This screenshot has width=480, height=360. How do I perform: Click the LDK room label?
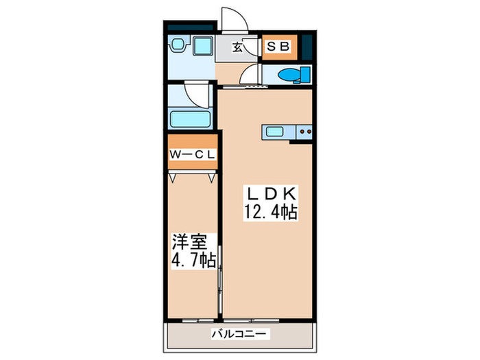coord(271,194)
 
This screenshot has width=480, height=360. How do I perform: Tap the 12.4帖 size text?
coord(271,212)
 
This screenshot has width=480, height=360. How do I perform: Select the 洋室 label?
coord(189,242)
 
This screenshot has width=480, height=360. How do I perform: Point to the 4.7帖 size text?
coord(193,261)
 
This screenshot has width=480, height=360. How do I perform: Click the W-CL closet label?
coord(193,154)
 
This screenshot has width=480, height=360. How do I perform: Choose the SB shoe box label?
coord(278,47)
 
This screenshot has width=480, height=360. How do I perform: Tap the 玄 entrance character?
coord(237,47)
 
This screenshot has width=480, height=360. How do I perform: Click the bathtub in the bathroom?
coord(190,119)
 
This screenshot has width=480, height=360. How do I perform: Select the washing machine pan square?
coord(203,46)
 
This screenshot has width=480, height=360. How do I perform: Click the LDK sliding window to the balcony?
coord(251,320)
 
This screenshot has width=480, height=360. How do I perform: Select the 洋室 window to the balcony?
coord(197,320)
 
